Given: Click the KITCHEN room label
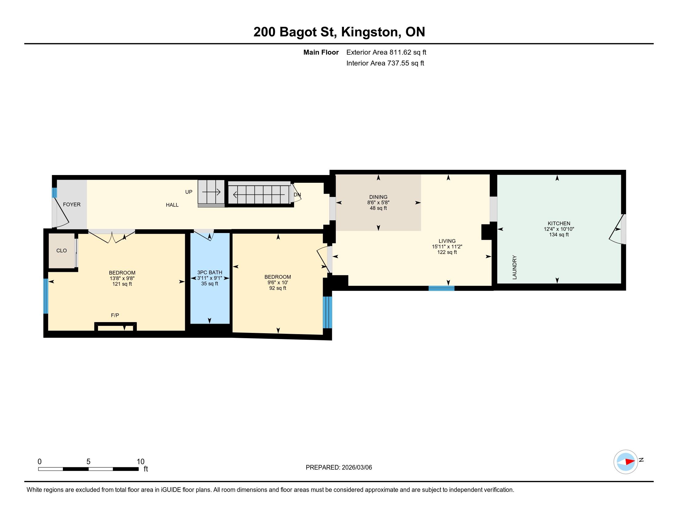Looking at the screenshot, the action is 559,223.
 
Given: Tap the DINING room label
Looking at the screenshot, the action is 378,197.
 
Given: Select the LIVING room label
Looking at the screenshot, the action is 447,241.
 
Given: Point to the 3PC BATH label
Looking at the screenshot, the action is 210,272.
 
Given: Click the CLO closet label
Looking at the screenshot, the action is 61,251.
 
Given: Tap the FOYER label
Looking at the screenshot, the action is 72,205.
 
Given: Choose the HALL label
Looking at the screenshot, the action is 172,205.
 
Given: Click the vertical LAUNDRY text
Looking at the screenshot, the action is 514,267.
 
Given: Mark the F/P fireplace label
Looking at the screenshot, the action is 115,315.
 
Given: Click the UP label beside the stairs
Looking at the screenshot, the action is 189,192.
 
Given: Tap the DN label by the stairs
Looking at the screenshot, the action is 297,195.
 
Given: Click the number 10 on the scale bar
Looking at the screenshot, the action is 141,462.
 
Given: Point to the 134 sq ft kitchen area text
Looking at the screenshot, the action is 559,235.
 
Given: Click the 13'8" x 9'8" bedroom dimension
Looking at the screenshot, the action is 122,278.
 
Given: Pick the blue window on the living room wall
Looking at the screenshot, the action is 441,288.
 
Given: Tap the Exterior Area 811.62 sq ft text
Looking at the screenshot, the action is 386,52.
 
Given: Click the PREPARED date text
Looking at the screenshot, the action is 339,468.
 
